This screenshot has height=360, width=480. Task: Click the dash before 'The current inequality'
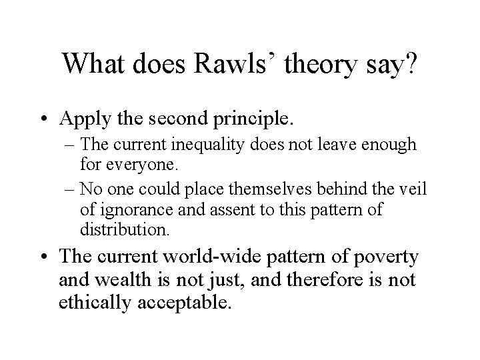tap(85, 145)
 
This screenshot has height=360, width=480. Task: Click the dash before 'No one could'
tap(85, 189)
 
